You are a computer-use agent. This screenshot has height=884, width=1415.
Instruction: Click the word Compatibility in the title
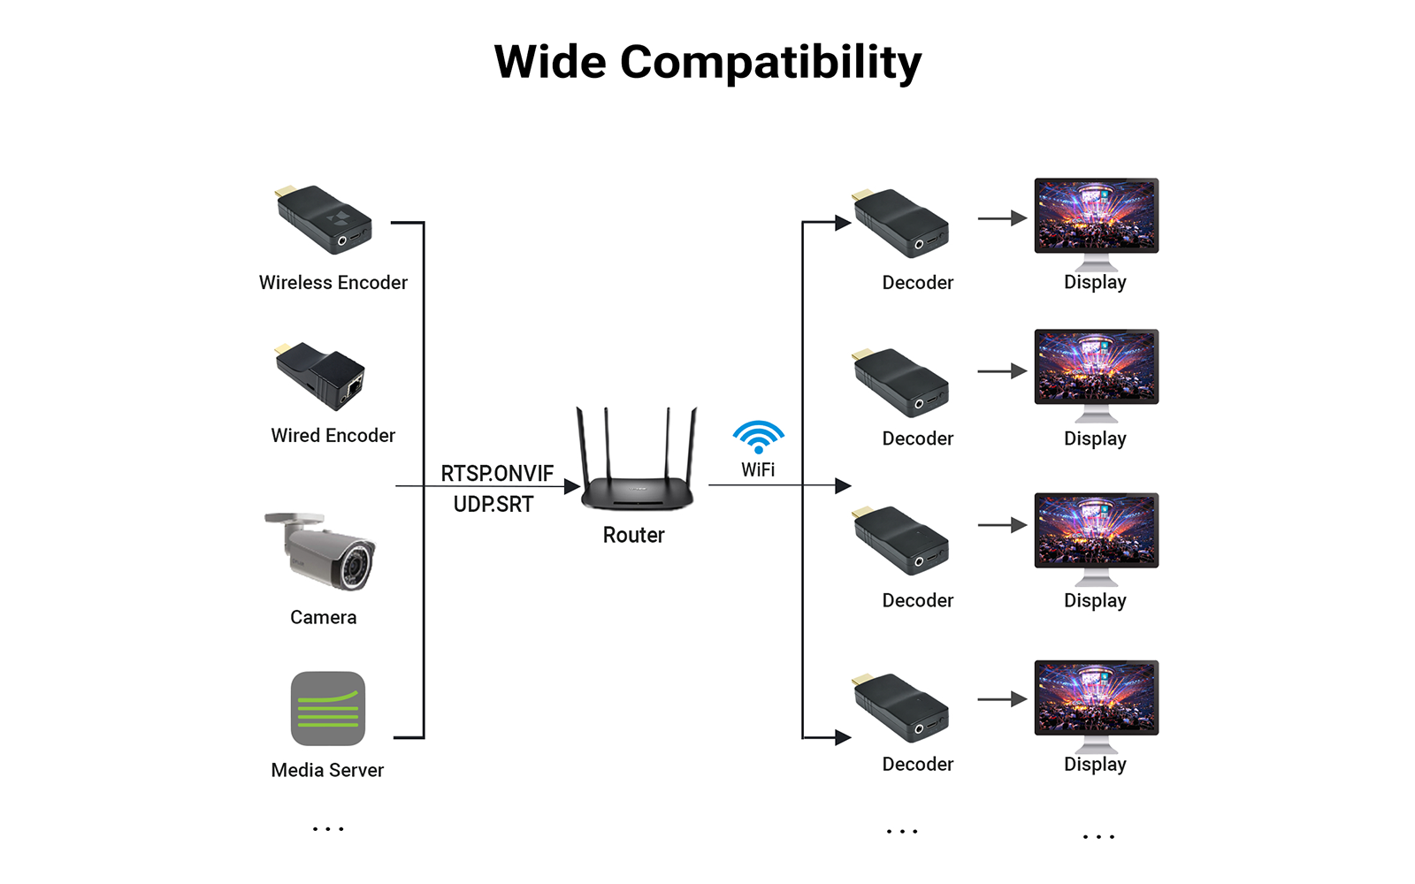click(770, 63)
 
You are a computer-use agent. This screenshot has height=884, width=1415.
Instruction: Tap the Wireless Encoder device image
click(325, 219)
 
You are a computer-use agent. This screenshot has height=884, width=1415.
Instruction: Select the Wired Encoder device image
click(320, 376)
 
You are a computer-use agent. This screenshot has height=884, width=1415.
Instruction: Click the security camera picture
click(323, 551)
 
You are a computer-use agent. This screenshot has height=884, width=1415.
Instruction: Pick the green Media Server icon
click(328, 709)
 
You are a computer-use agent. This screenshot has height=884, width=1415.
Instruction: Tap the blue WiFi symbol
click(758, 437)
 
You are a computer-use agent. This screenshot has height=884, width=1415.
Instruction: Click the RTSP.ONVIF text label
click(497, 474)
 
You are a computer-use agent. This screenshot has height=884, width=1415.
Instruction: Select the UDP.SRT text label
click(493, 505)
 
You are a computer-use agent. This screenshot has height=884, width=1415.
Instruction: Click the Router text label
click(633, 535)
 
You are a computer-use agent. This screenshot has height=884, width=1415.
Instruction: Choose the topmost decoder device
click(900, 223)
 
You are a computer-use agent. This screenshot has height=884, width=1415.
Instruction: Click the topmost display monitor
click(1096, 217)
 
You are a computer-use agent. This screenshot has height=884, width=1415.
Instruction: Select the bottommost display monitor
click(1096, 699)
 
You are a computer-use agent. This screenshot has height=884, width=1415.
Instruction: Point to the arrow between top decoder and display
click(1002, 218)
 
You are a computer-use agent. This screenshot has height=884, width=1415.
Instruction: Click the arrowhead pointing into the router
click(571, 486)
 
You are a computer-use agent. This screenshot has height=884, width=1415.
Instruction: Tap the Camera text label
click(323, 617)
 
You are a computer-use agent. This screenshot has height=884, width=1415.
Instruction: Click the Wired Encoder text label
click(333, 435)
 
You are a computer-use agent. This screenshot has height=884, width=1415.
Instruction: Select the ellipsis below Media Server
click(328, 829)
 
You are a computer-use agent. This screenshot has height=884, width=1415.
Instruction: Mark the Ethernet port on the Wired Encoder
click(354, 386)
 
